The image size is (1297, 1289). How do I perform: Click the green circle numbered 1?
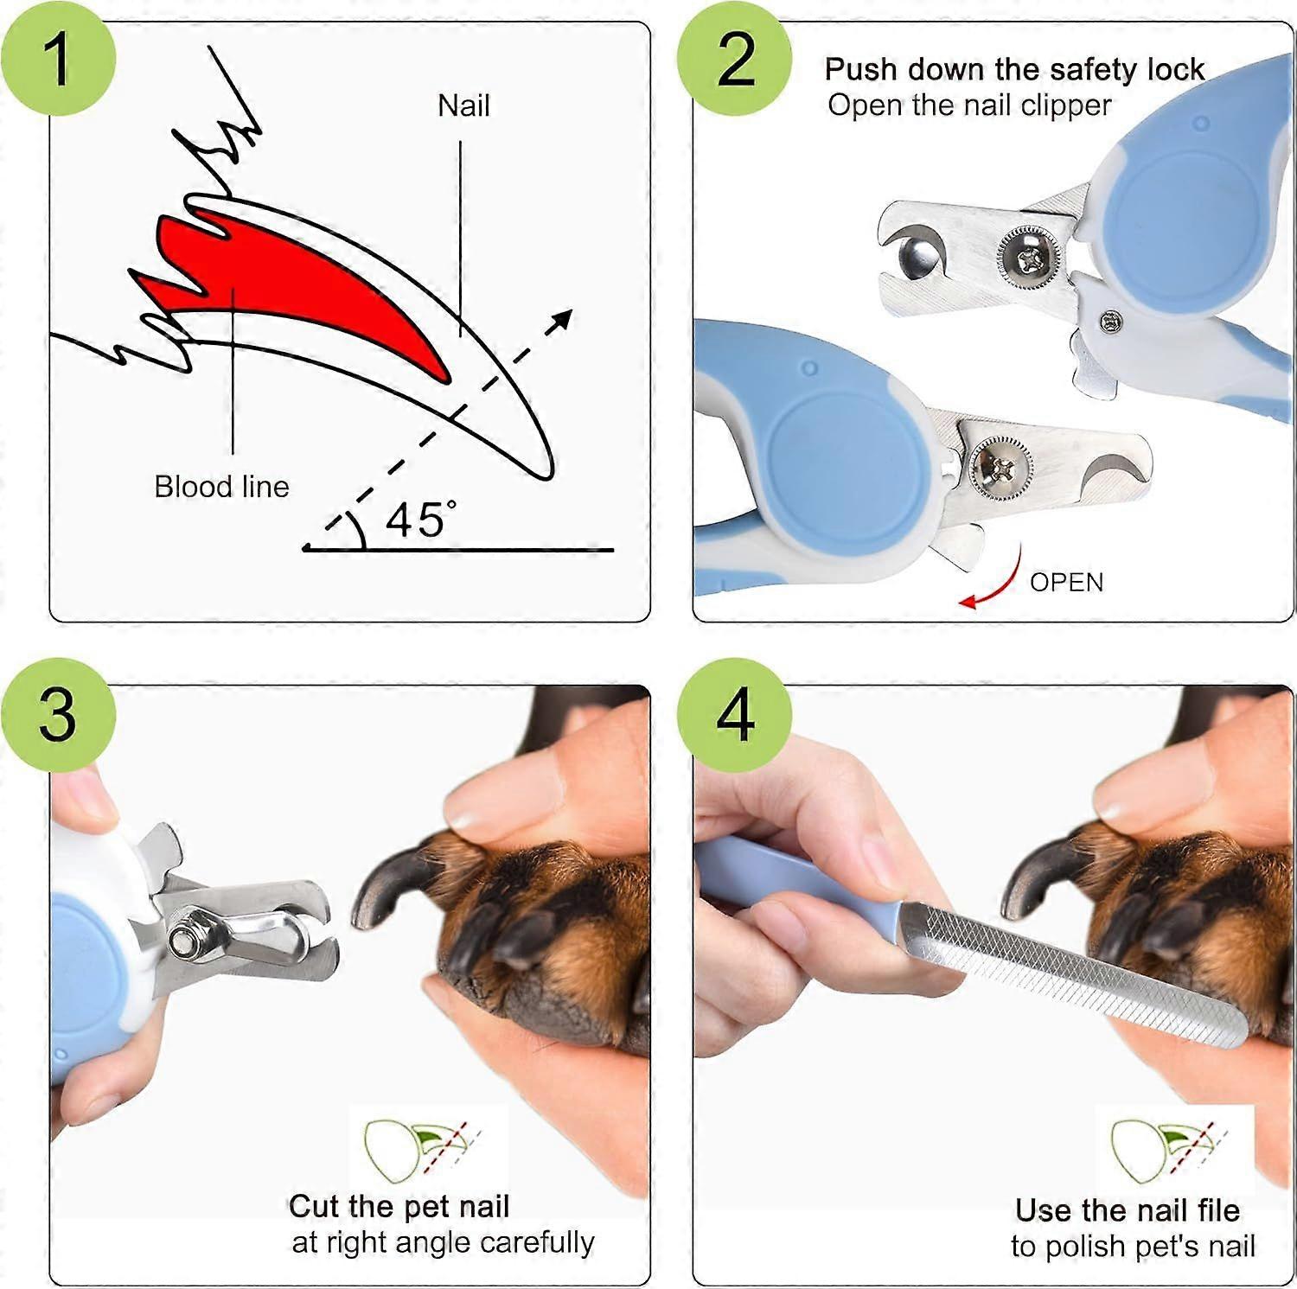(58, 58)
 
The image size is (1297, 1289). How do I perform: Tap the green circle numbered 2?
(735, 58)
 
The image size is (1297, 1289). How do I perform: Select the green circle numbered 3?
(58, 714)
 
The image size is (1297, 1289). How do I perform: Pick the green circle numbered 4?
(735, 714)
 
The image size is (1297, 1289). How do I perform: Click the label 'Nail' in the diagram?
(463, 105)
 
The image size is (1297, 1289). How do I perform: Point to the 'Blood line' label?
(221, 487)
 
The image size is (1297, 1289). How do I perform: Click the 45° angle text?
(421, 520)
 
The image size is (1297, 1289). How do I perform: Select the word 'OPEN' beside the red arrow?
(1066, 583)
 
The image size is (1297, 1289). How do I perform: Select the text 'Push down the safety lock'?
(1013, 69)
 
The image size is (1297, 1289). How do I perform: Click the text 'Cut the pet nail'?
(399, 1206)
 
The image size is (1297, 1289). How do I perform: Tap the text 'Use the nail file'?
(1128, 1209)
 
